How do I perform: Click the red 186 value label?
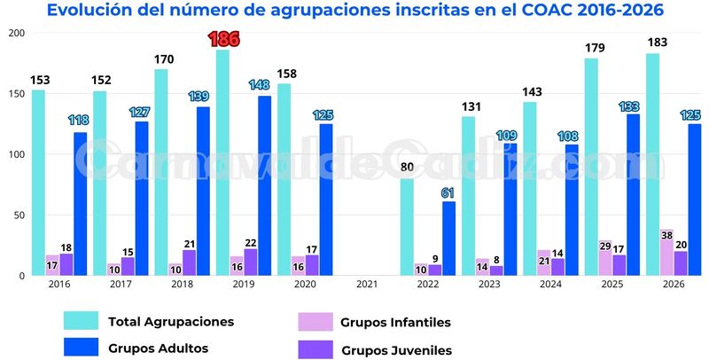click(x=223, y=39)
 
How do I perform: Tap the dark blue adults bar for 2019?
click(x=265, y=185)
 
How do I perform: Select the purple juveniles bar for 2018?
click(x=189, y=262)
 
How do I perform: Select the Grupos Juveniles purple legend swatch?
click(x=318, y=349)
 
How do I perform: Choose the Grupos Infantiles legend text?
click(x=395, y=322)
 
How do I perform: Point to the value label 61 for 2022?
click(x=449, y=192)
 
